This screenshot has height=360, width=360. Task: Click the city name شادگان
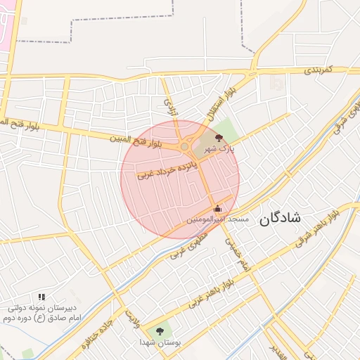click(281, 217)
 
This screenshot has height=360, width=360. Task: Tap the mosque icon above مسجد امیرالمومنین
click(217, 209)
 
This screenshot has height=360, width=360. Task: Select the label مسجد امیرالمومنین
click(217, 220)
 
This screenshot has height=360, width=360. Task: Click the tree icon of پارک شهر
click(219, 138)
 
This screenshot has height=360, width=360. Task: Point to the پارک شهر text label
click(219, 148)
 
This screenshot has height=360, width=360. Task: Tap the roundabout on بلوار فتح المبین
click(186, 146)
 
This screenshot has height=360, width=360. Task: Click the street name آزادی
click(168, 107)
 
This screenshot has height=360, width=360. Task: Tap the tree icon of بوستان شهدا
click(160, 330)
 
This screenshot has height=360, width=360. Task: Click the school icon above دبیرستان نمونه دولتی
click(41, 297)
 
